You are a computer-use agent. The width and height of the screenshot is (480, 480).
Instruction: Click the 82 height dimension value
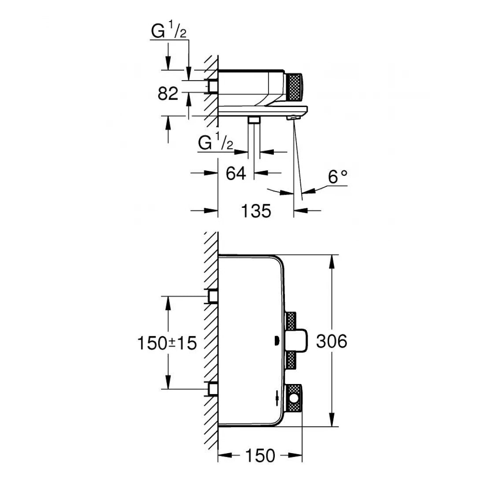168,93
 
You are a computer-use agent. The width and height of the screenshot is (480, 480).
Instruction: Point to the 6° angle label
337,177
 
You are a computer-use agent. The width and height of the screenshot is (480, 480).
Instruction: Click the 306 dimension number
332,341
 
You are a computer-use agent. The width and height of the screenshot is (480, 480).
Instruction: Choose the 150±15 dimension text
166,343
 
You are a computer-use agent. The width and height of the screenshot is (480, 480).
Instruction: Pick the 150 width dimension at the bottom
260,455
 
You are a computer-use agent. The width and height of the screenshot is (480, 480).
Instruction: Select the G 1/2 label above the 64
215,143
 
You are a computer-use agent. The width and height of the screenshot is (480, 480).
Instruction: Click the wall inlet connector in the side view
213,86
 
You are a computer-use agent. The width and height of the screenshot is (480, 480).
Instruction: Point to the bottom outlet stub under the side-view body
254,121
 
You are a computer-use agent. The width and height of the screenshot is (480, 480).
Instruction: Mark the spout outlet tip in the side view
292,118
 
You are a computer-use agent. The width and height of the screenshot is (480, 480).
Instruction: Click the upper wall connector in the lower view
213,296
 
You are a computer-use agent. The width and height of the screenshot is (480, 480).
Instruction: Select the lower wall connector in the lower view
213,389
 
